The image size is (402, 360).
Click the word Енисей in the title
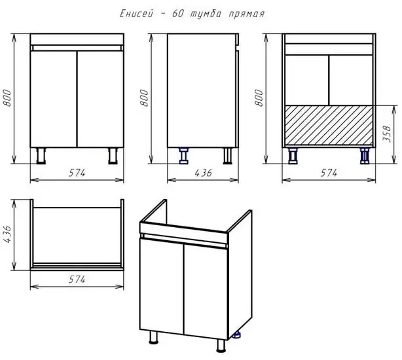point(136,14)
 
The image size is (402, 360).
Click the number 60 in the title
point(178,14)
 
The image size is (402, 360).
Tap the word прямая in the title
point(246,14)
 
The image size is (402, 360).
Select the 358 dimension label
point(387,134)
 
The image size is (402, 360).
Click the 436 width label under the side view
point(204,173)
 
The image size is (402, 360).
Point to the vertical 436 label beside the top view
point(7,234)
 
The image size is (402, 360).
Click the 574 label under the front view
point(77,173)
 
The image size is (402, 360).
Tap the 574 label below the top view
point(77,279)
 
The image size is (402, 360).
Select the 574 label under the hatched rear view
point(329,173)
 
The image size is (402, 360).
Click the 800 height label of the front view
point(7,98)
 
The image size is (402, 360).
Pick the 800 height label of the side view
point(144,98)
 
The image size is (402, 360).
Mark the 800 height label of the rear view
point(259,98)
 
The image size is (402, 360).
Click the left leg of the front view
point(41,156)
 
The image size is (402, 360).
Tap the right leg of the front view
point(113,156)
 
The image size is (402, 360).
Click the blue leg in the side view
point(183,156)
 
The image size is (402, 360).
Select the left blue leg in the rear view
point(293,156)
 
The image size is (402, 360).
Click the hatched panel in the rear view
point(329,125)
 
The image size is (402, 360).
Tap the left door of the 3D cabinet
point(162,285)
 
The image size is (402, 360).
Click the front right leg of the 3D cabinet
point(221,345)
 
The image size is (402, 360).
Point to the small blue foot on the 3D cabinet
point(237,335)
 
